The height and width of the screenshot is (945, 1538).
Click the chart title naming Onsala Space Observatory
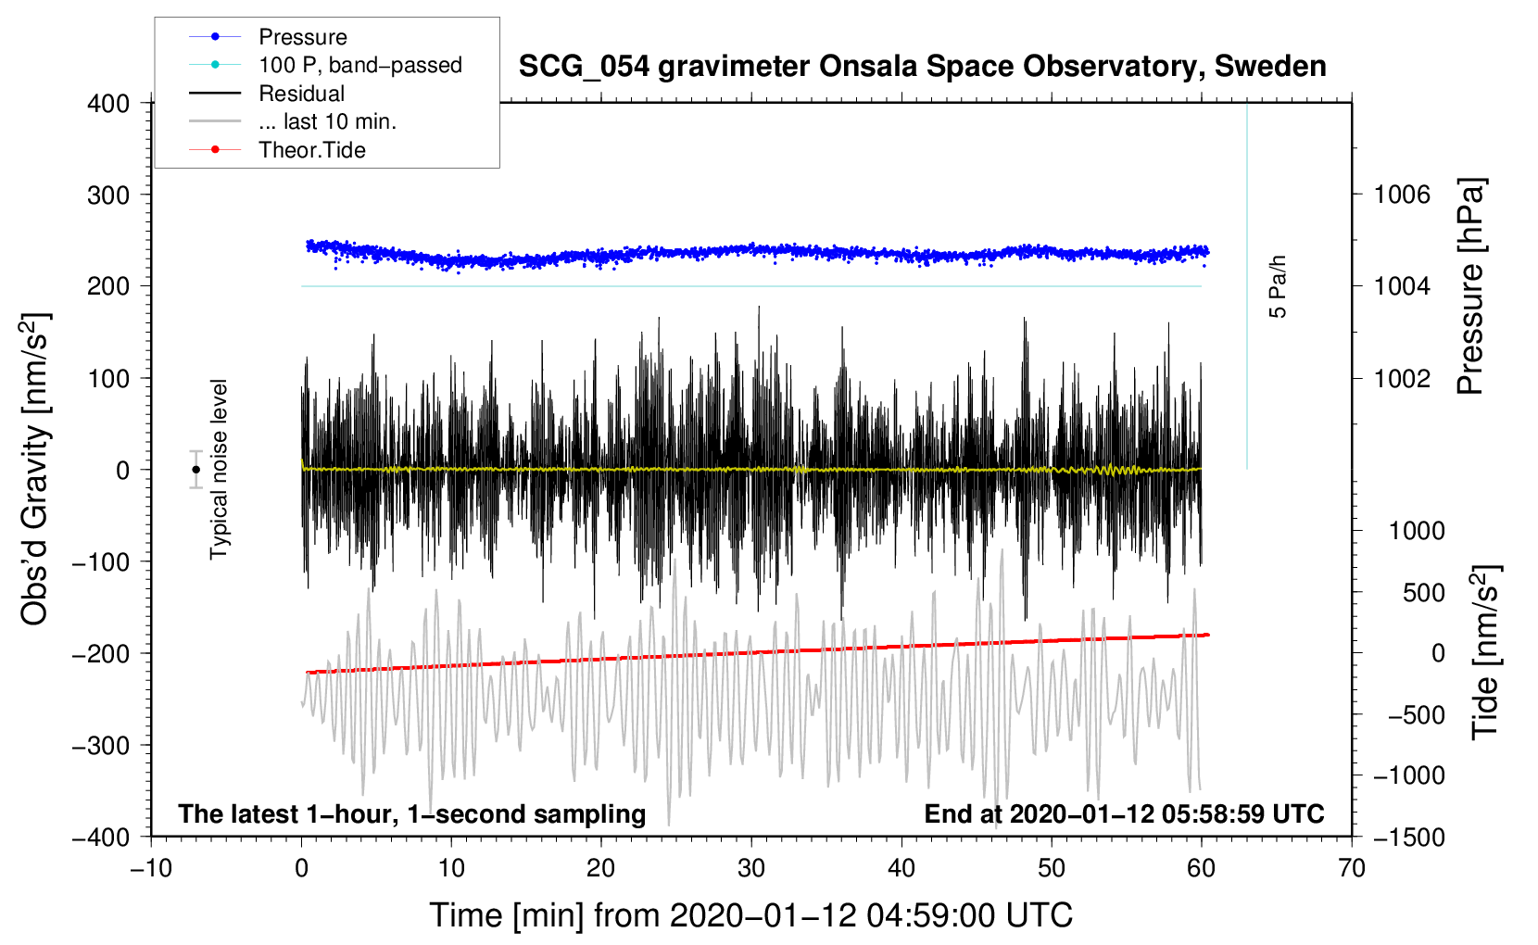coord(922,67)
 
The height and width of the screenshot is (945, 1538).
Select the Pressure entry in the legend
coord(302,37)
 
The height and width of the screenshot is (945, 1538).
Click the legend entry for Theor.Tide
coord(311,150)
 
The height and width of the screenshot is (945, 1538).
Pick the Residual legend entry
coord(301,94)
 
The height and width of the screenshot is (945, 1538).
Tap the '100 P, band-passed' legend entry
coord(359,65)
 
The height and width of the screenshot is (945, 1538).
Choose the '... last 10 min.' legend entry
coord(327,121)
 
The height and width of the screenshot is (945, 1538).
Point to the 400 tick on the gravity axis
coord(109,104)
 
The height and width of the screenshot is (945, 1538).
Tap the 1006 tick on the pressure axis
coord(1402,195)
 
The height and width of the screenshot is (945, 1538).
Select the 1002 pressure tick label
coord(1402,378)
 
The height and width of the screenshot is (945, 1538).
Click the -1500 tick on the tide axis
coord(1408,837)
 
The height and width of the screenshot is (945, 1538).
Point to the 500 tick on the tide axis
coord(1424,592)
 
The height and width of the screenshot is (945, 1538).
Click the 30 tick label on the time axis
coord(751,868)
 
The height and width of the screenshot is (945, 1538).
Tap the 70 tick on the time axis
coord(1352,868)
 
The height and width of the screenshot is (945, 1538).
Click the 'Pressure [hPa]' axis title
coord(1470,286)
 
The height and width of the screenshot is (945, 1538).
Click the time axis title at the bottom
coord(750,915)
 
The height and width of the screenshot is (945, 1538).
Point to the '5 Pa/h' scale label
coord(1278,287)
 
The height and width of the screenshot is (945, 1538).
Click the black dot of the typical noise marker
coord(195,470)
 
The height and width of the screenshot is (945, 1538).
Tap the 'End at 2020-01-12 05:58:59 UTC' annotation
coord(1124,813)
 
